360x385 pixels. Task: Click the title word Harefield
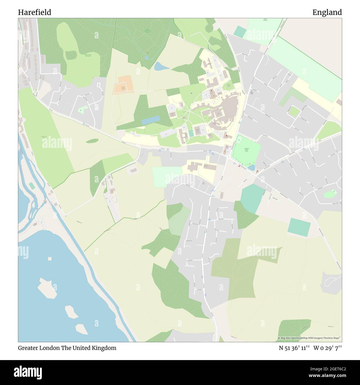tap(35, 12)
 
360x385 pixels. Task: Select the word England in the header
tap(327, 12)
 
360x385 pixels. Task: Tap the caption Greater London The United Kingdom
tap(67, 348)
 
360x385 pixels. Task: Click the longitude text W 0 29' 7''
tap(328, 348)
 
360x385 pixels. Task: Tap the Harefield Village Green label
tap(246, 149)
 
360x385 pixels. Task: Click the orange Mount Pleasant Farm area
tap(123, 85)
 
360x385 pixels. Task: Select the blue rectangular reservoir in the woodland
tap(151, 120)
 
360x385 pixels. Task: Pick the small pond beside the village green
tap(251, 168)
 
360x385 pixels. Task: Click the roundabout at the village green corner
tap(229, 157)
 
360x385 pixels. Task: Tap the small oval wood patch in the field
tap(92, 141)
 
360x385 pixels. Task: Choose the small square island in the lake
tap(50, 259)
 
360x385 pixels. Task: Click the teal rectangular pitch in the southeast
tap(299, 227)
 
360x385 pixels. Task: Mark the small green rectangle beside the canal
tap(32, 186)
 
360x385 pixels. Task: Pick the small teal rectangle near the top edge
tap(240, 32)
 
